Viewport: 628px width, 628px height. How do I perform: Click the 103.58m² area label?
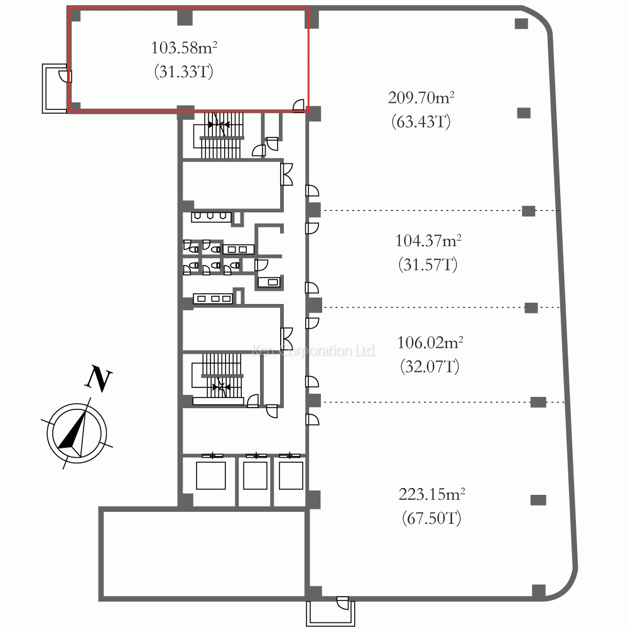pyautogui.click(x=184, y=48)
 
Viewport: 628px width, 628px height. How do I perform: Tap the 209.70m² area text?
pyautogui.click(x=421, y=97)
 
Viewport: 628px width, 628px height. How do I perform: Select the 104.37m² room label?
pyautogui.click(x=428, y=241)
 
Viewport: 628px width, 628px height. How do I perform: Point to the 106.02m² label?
pyautogui.click(x=430, y=342)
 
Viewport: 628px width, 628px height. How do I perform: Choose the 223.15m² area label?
pyautogui.click(x=432, y=494)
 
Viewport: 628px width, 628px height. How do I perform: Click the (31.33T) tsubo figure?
pyautogui.click(x=184, y=72)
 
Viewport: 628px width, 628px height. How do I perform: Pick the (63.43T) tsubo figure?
pyautogui.click(x=421, y=121)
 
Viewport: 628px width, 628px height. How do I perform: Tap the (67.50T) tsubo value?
pyautogui.click(x=432, y=518)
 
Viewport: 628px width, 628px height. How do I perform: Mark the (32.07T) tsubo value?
pyautogui.click(x=430, y=367)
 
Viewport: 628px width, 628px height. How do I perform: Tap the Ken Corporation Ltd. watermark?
pyautogui.click(x=314, y=350)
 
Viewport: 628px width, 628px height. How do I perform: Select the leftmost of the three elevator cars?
pyautogui.click(x=210, y=475)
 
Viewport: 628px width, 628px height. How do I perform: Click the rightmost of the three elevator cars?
pyautogui.click(x=291, y=475)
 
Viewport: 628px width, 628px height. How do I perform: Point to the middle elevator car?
pyautogui.click(x=255, y=475)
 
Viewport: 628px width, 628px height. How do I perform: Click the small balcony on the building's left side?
pyautogui.click(x=55, y=88)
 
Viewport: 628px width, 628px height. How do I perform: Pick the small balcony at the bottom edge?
pyautogui.click(x=331, y=612)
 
